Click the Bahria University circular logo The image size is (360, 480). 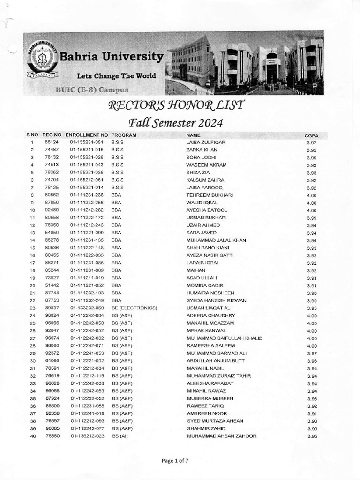[43, 59]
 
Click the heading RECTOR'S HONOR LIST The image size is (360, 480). [176, 105]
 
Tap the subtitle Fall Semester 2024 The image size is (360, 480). [172, 123]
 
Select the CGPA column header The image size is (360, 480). [312, 135]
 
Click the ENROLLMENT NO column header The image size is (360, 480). [87, 135]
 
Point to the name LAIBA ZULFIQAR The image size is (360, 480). [206, 142]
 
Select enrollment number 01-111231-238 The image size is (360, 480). [87, 195]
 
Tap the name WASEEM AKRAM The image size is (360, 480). [206, 165]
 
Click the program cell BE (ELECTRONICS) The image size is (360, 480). [134, 308]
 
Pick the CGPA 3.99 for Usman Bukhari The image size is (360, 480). [312, 218]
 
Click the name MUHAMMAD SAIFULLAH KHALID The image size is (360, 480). [225, 338]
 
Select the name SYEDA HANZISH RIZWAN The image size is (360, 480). [217, 300]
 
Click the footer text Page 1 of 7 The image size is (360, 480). [175, 461]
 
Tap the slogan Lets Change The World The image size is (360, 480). [117, 75]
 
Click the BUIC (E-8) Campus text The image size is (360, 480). [92, 90]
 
